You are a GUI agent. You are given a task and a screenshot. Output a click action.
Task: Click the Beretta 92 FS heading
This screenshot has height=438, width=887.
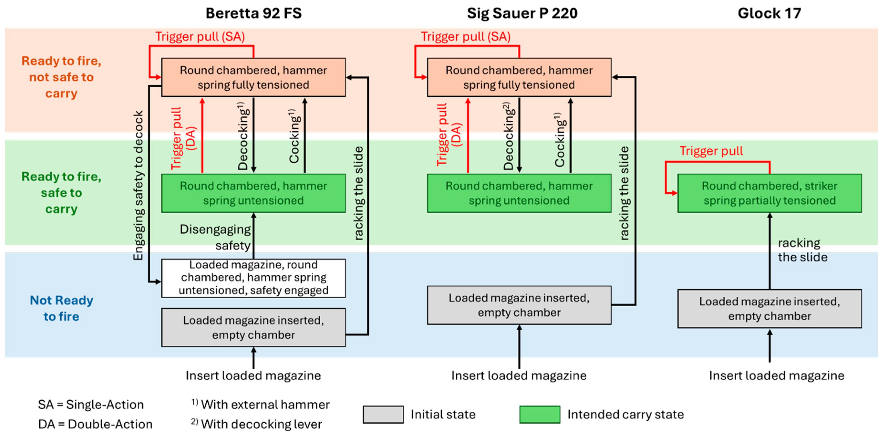point(253,13)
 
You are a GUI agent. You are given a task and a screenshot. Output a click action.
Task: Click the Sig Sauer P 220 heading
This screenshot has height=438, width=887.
point(522,13)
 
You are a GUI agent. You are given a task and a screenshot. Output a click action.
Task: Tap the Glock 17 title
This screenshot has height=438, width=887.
point(769,13)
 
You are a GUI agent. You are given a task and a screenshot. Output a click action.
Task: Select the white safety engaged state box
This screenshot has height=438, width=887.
point(253,278)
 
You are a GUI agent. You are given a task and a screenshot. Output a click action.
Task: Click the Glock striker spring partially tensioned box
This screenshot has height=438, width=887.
point(769,193)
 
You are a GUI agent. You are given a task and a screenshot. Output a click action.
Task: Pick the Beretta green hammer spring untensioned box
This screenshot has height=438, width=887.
point(253,193)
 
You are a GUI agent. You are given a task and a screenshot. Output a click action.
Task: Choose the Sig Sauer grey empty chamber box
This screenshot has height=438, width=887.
point(519,305)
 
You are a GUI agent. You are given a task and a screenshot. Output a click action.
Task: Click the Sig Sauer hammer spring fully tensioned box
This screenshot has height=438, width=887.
point(519,77)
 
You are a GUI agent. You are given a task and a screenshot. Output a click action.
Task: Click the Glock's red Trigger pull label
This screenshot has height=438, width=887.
point(711,151)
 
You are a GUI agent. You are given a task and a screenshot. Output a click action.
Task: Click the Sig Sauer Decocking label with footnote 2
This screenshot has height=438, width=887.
point(509,136)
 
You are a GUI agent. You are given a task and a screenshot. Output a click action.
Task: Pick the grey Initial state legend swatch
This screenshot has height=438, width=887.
point(383,414)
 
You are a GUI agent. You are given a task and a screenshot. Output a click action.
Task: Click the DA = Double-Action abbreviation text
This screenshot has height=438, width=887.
point(95,424)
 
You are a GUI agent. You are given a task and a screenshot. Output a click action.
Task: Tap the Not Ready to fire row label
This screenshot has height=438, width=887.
point(61,308)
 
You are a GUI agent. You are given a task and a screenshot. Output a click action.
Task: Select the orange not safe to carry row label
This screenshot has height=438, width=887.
point(61,77)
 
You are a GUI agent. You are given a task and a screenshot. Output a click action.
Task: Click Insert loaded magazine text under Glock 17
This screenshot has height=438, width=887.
point(776,375)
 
